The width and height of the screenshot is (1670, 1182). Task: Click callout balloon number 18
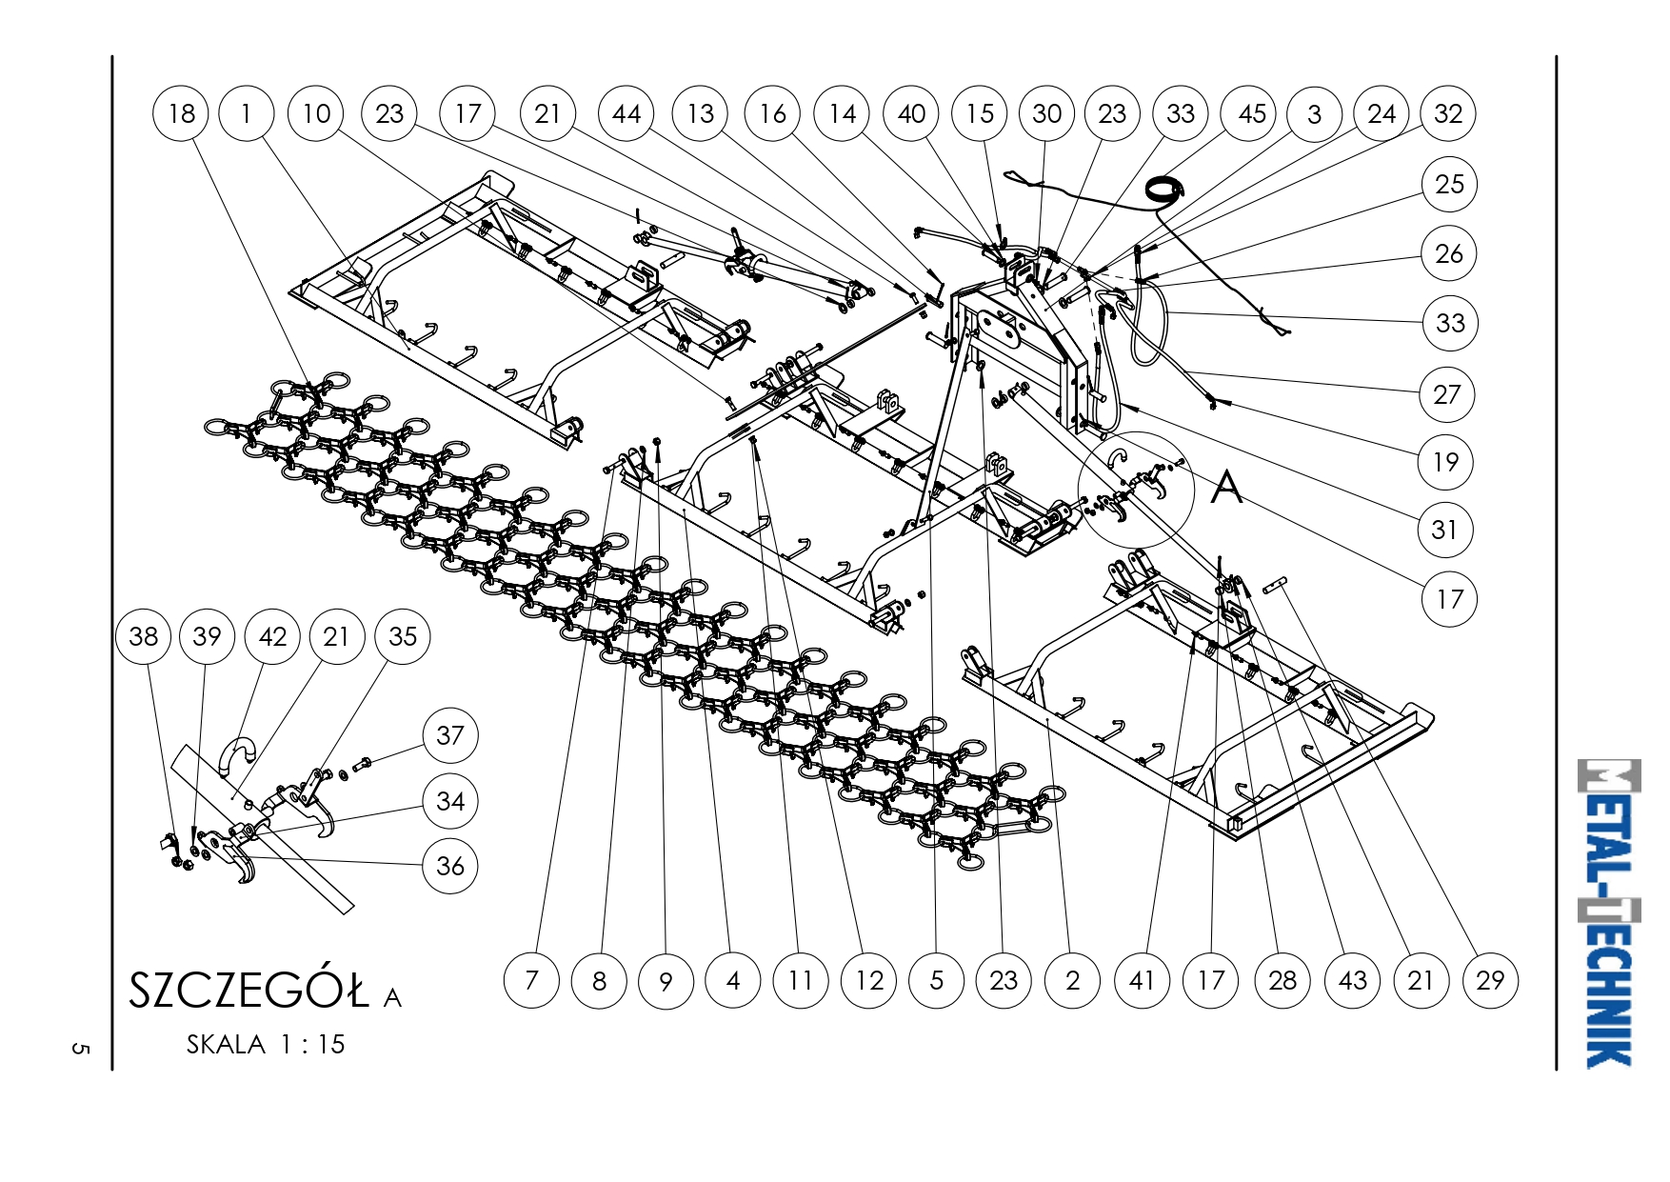(181, 113)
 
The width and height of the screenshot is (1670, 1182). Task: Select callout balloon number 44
(626, 113)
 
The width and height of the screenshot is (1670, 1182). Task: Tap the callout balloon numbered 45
(1251, 113)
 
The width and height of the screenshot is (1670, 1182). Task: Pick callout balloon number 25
(1449, 184)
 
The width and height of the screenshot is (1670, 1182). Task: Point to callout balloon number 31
(1445, 530)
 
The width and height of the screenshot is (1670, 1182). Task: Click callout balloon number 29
(1490, 980)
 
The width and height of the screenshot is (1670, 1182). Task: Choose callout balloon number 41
(1142, 980)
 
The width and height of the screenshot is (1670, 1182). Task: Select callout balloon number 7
(531, 980)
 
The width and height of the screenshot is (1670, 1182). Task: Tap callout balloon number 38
(143, 636)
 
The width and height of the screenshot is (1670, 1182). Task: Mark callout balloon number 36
(450, 866)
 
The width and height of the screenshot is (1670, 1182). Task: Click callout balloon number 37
(450, 735)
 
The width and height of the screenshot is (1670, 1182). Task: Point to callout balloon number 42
(272, 636)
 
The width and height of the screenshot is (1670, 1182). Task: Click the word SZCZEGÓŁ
(249, 991)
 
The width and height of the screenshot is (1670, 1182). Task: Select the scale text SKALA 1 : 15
(266, 1045)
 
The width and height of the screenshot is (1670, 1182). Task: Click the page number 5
(80, 1049)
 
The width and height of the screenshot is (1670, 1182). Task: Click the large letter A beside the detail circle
(1227, 488)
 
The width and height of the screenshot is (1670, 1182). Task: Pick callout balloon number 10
(316, 113)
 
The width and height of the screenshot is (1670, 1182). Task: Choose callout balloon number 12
(869, 980)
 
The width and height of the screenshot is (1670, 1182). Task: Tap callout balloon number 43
(1352, 980)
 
